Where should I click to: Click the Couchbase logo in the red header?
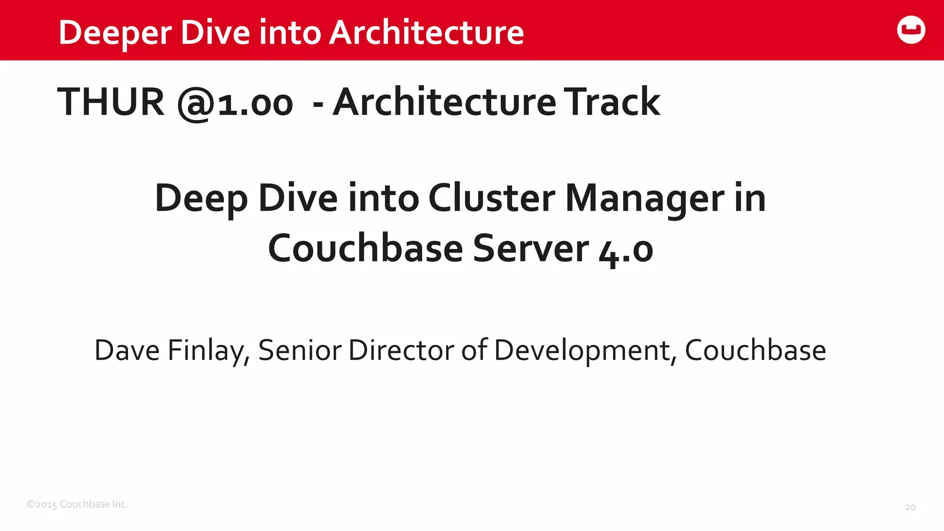tap(911, 30)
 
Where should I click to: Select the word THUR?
tap(111, 102)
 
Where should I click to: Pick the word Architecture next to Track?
tap(444, 102)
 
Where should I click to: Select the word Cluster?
tap(491, 198)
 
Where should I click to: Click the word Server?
tap(531, 248)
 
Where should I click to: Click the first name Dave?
tap(127, 350)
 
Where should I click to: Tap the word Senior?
tap(300, 350)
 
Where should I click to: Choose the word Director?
tap(401, 350)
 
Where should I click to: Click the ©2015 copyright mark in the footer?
tap(42, 504)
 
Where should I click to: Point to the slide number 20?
tap(910, 507)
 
